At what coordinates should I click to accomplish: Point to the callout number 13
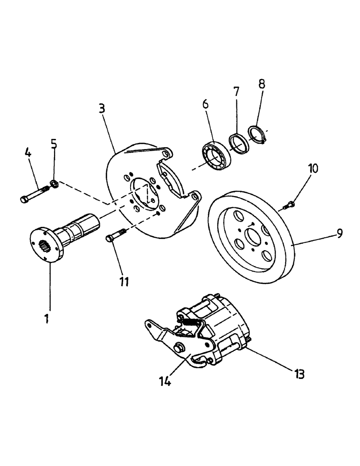[x=299, y=373]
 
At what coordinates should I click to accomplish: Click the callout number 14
[x=165, y=382]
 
